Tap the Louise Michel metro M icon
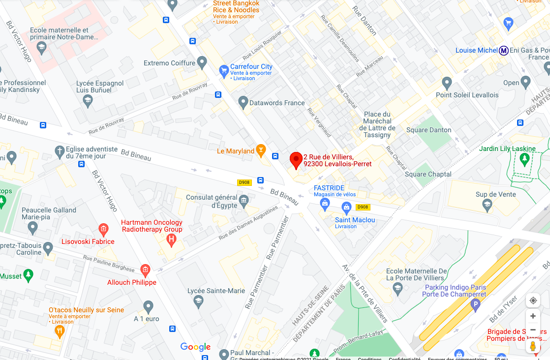pyautogui.click(x=504, y=51)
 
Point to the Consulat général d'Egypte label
pyautogui.click(x=212, y=201)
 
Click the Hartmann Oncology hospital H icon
pyautogui.click(x=171, y=240)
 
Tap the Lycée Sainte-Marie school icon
pyautogui.click(x=198, y=301)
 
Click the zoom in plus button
pyautogui.click(x=533, y=316)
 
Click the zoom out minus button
pyautogui.click(x=533, y=330)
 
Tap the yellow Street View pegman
pyautogui.click(x=533, y=346)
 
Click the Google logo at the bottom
pyautogui.click(x=195, y=347)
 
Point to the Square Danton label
pyautogui.click(x=428, y=130)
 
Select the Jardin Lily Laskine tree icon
pyautogui.click(x=525, y=158)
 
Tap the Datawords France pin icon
pyautogui.click(x=243, y=102)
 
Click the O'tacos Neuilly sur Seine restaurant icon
pyautogui.click(x=60, y=330)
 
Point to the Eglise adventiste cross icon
pyautogui.click(x=60, y=150)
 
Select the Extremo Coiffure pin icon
pyautogui.click(x=202, y=62)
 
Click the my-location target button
pyautogui.click(x=533, y=300)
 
